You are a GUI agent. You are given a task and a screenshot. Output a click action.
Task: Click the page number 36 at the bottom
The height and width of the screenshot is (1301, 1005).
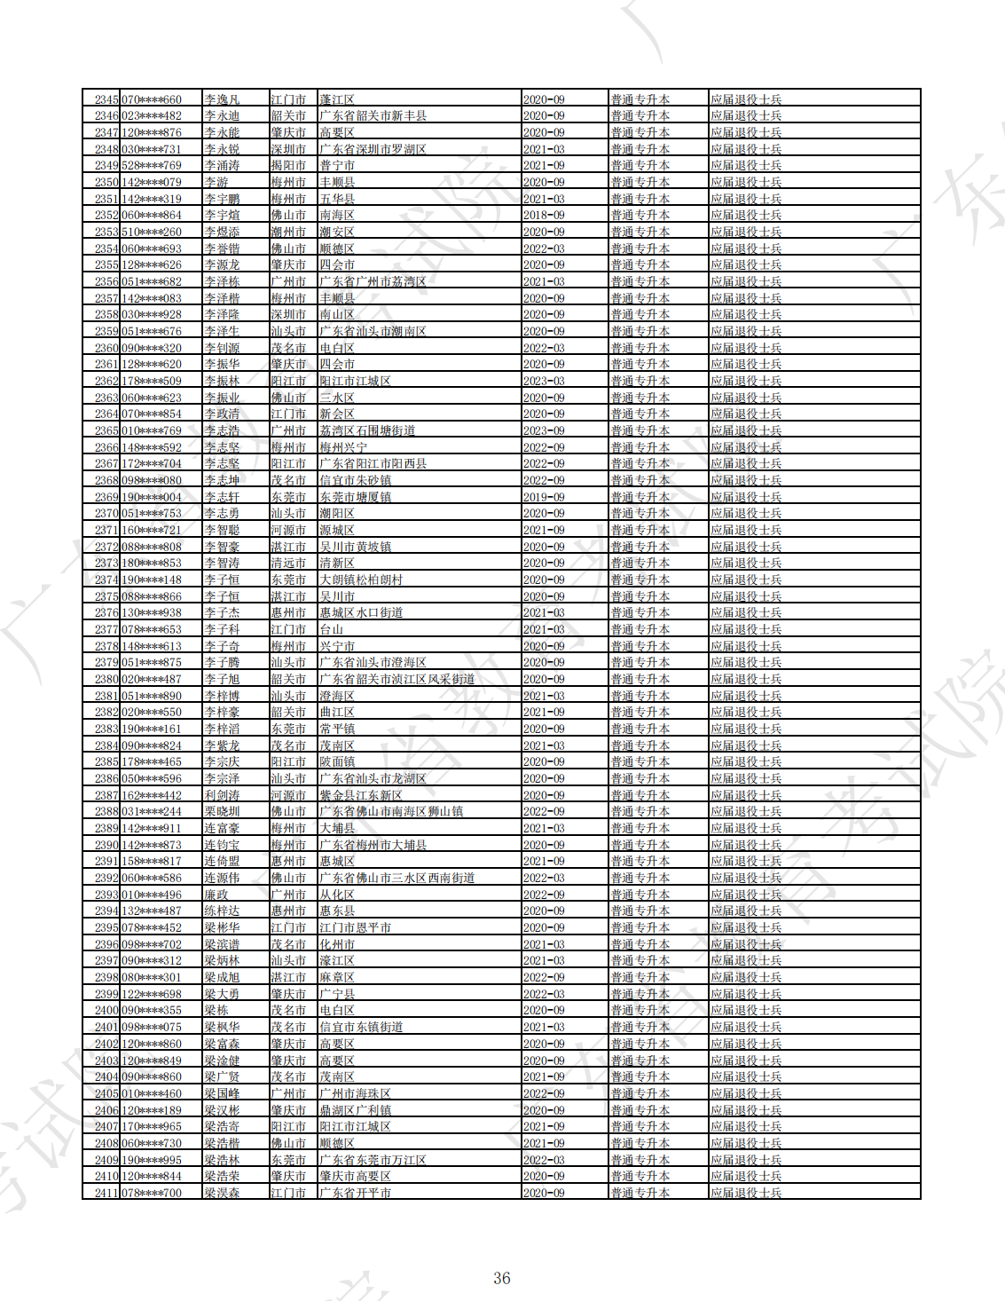(502, 1278)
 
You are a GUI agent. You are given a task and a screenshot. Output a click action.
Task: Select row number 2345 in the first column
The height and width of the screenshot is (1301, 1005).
(106, 99)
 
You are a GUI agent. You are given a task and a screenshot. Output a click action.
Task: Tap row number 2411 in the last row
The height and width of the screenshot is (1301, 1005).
(106, 1193)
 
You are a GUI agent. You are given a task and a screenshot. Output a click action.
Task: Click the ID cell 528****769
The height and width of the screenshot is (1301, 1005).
(151, 165)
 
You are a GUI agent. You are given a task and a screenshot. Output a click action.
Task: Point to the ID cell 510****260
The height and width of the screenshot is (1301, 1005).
(151, 232)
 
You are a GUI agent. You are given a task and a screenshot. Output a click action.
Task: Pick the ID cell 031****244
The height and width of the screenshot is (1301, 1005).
(151, 811)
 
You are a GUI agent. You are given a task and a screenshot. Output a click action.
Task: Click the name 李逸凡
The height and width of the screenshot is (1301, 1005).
(222, 99)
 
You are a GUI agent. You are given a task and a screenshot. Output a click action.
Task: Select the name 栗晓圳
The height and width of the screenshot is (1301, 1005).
(222, 811)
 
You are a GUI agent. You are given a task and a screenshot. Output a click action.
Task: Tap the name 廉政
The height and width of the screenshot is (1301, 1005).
(216, 895)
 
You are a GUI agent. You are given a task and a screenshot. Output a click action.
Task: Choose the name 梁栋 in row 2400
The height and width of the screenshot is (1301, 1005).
(216, 1010)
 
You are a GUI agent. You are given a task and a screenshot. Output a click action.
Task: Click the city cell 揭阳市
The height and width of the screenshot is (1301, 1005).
(288, 165)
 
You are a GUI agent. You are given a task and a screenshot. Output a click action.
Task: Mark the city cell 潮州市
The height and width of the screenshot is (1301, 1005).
(288, 232)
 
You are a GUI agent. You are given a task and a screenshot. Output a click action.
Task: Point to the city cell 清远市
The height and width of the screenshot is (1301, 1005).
(288, 563)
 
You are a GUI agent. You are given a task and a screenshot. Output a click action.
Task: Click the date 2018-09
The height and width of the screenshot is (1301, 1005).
(544, 215)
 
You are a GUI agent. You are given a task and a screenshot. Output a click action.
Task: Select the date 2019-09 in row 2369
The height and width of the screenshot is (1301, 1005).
(544, 497)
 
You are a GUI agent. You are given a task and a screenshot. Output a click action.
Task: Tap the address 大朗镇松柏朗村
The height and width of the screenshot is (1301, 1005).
(361, 580)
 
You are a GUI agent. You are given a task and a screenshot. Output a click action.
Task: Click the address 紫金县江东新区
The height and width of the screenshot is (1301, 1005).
(361, 795)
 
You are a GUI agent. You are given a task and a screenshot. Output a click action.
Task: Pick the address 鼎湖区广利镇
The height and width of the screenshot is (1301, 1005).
(355, 1110)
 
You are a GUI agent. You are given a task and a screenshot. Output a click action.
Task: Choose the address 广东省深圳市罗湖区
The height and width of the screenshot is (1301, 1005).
(373, 149)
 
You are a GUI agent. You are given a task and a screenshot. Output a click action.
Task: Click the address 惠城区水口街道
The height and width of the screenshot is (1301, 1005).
(361, 612)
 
